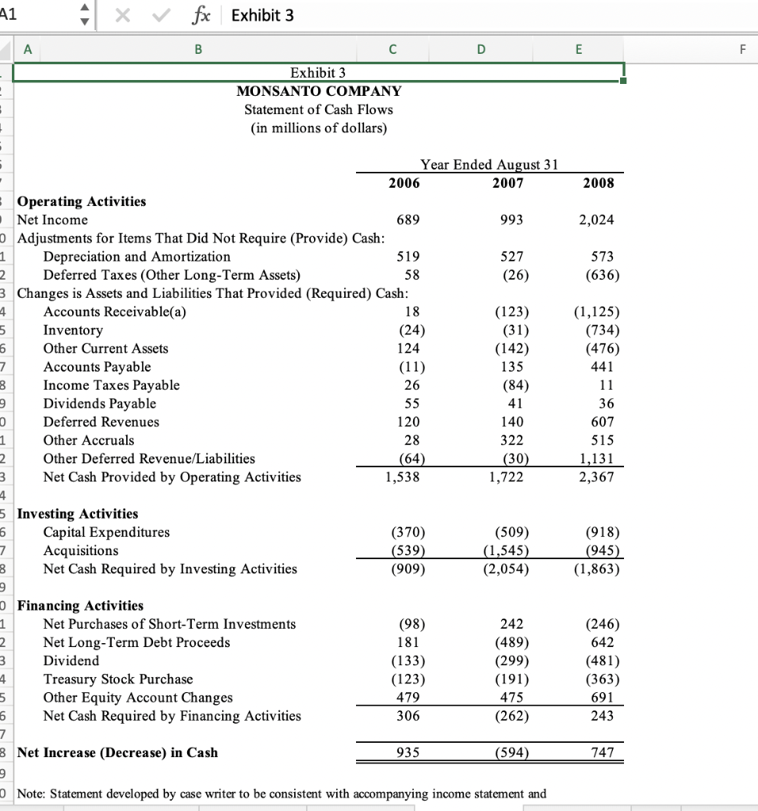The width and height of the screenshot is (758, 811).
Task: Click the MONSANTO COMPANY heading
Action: click(319, 91)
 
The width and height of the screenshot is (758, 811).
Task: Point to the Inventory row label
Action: click(73, 329)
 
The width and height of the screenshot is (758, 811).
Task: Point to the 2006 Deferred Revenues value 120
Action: click(408, 421)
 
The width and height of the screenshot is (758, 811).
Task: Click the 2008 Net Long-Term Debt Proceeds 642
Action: click(603, 642)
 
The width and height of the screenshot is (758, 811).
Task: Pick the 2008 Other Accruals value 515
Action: click(603, 440)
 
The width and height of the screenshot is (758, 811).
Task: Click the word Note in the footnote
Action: click(34, 793)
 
